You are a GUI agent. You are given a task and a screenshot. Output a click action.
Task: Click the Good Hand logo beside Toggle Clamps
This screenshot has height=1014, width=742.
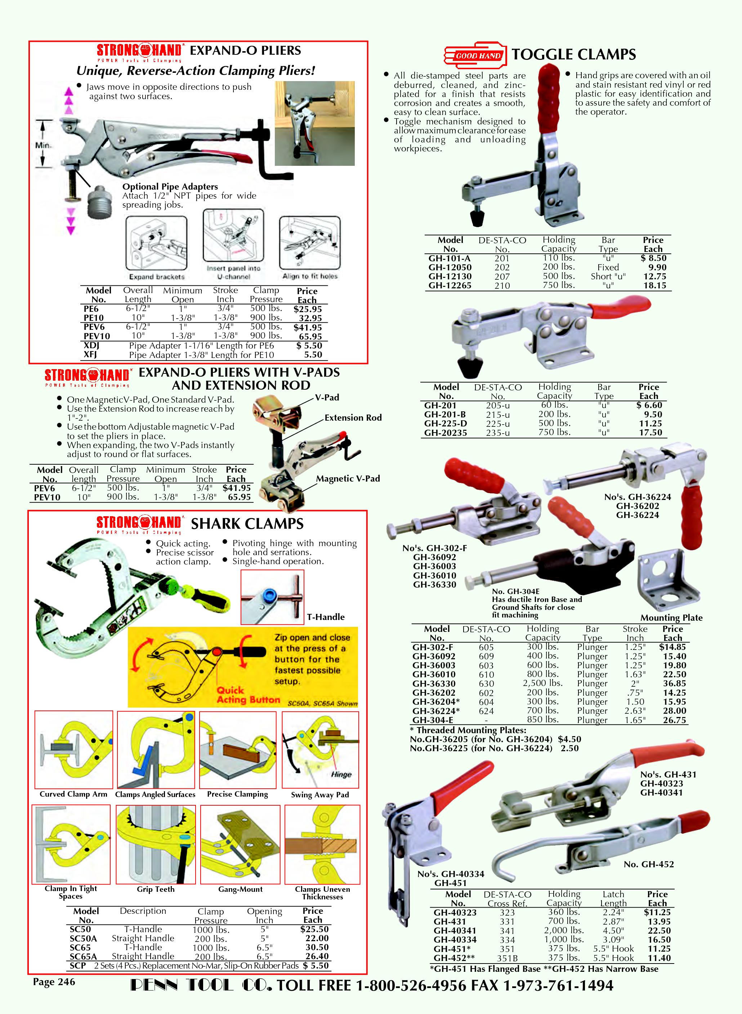pos(475,56)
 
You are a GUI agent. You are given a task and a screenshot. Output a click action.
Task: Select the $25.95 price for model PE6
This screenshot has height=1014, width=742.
pos(308,309)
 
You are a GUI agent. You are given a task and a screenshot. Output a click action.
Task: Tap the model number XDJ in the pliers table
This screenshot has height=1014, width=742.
pos(91,346)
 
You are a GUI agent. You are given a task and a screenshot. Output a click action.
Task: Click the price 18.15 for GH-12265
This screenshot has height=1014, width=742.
pos(654,285)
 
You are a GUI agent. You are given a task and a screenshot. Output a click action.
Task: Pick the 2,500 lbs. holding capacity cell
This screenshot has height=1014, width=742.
pos(542,683)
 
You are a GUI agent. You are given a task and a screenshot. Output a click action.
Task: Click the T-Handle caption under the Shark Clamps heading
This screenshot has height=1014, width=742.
pos(326,617)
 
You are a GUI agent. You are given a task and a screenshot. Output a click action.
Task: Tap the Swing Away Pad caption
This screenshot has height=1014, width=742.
pos(320,795)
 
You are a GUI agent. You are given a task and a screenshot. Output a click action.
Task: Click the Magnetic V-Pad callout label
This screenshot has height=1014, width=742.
pos(348,479)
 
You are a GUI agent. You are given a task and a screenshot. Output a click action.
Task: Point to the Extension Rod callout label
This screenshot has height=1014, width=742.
pos(353,417)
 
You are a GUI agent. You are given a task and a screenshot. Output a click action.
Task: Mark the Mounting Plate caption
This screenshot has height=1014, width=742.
pos(671,617)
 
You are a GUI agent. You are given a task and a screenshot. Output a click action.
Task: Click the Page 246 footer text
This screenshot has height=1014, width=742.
pos(54,982)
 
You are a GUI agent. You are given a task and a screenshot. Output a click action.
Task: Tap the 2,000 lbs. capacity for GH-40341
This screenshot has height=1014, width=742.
pos(564,930)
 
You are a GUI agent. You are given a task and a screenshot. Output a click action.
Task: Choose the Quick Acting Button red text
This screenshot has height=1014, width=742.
pos(248,695)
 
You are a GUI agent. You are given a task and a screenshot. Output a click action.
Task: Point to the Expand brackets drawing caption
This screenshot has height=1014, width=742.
pos(157,277)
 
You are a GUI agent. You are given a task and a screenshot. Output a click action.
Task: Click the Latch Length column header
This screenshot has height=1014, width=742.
pos(613,899)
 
